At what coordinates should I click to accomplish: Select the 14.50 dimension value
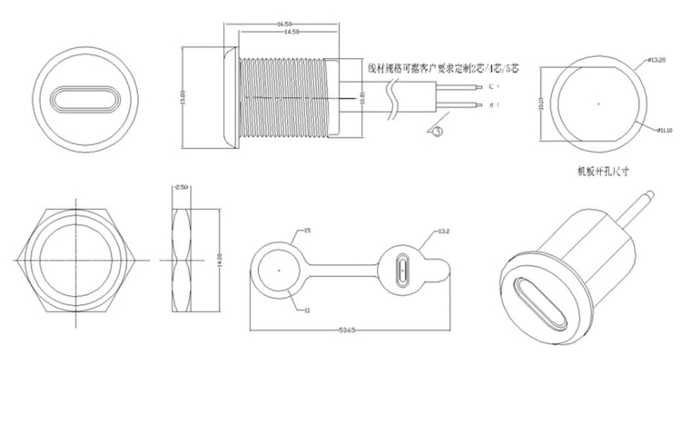pos(291,33)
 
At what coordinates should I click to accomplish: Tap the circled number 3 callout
pos(437,131)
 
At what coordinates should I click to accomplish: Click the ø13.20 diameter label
pos(657,60)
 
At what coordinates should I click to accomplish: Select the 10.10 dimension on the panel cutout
pos(544,104)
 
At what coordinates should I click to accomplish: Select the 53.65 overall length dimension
pos(347,330)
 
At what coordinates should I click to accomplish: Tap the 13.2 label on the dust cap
pos(444,232)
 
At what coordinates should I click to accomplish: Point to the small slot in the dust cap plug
pos(404,271)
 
